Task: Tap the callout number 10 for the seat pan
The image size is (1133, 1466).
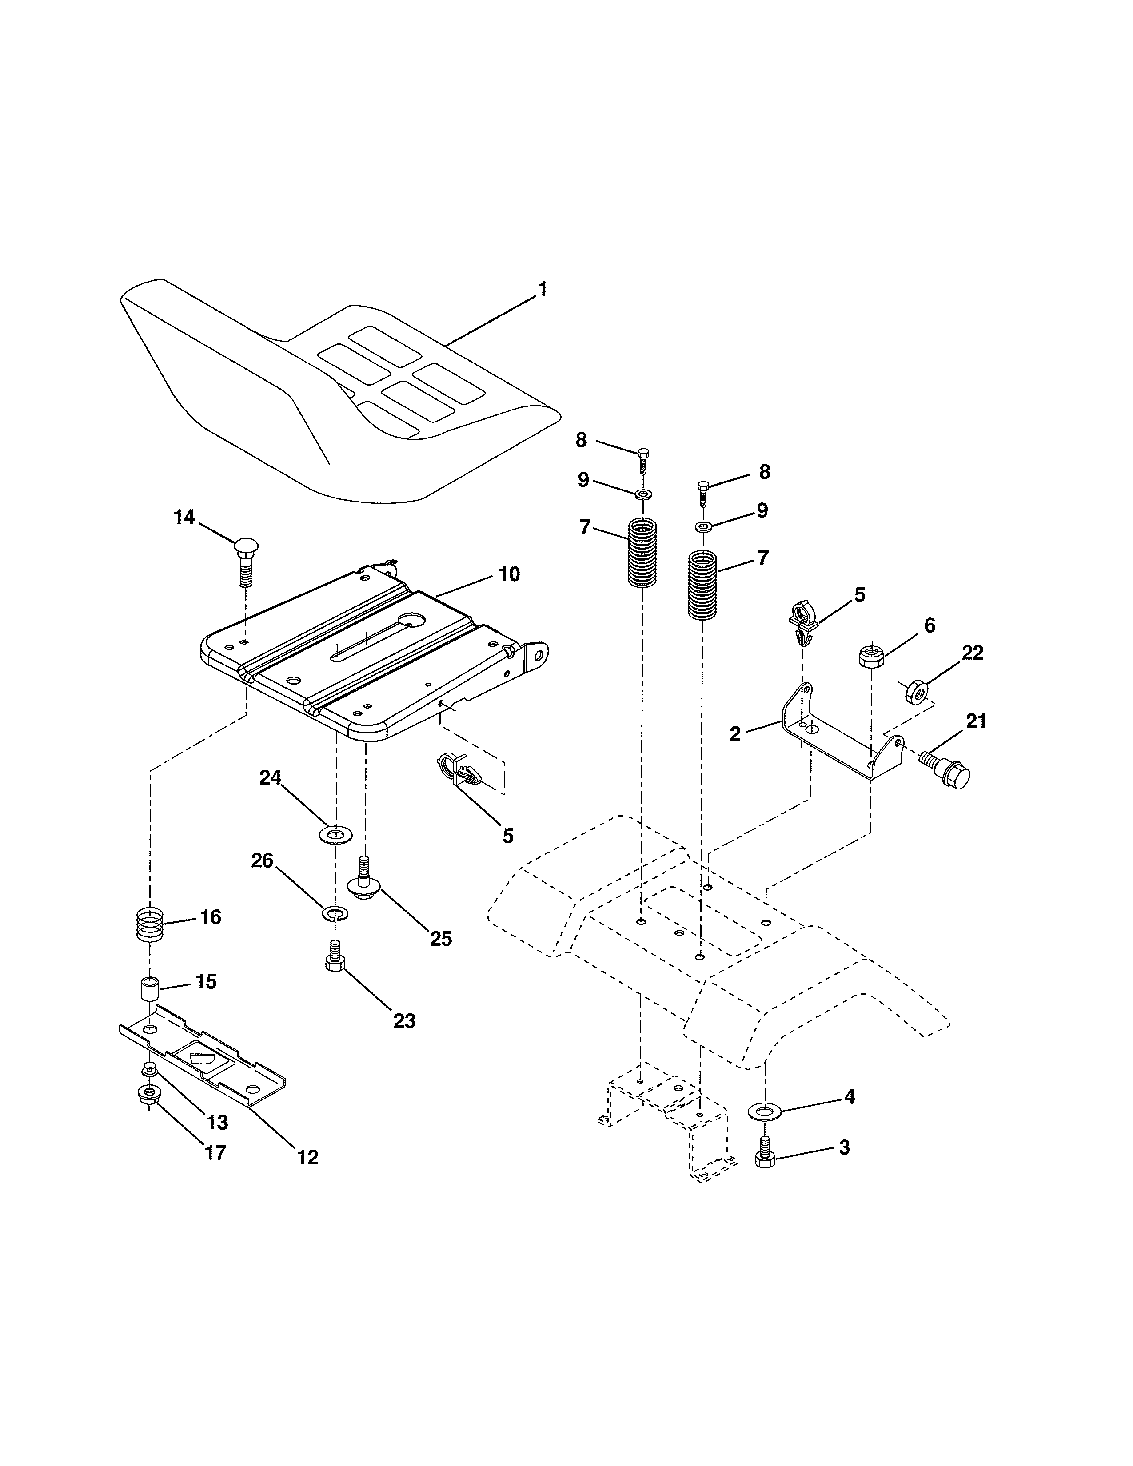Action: (509, 574)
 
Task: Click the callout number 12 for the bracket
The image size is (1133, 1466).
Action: (308, 1157)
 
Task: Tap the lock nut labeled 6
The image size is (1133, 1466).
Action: (870, 654)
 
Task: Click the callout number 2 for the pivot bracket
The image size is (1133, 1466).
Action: (735, 734)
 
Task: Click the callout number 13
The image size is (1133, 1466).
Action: (217, 1122)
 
